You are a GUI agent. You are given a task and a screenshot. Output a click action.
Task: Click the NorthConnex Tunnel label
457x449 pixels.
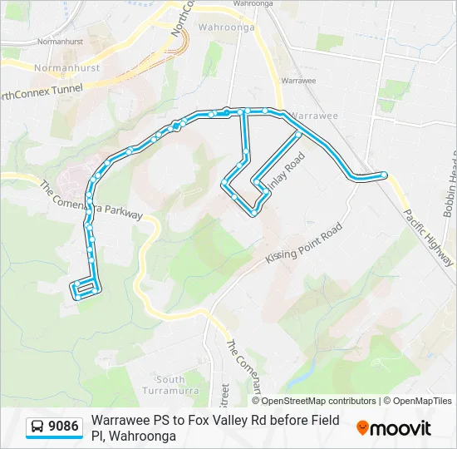tap(42, 92)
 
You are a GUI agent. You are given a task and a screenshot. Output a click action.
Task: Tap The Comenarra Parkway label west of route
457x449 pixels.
tap(91, 200)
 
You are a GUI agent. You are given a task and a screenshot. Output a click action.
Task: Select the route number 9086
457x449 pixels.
tap(64, 427)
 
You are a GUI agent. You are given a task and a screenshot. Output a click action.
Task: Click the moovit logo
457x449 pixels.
tap(394, 428)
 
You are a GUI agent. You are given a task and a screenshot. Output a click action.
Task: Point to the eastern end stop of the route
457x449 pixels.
tap(384, 175)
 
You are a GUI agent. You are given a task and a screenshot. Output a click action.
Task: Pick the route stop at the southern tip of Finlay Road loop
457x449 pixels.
tap(253, 213)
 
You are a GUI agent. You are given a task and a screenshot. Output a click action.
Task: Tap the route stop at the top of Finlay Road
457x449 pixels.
tap(298, 133)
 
